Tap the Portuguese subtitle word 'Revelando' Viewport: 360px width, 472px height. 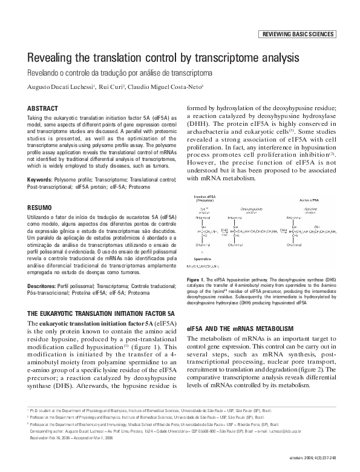[x=42, y=73]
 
